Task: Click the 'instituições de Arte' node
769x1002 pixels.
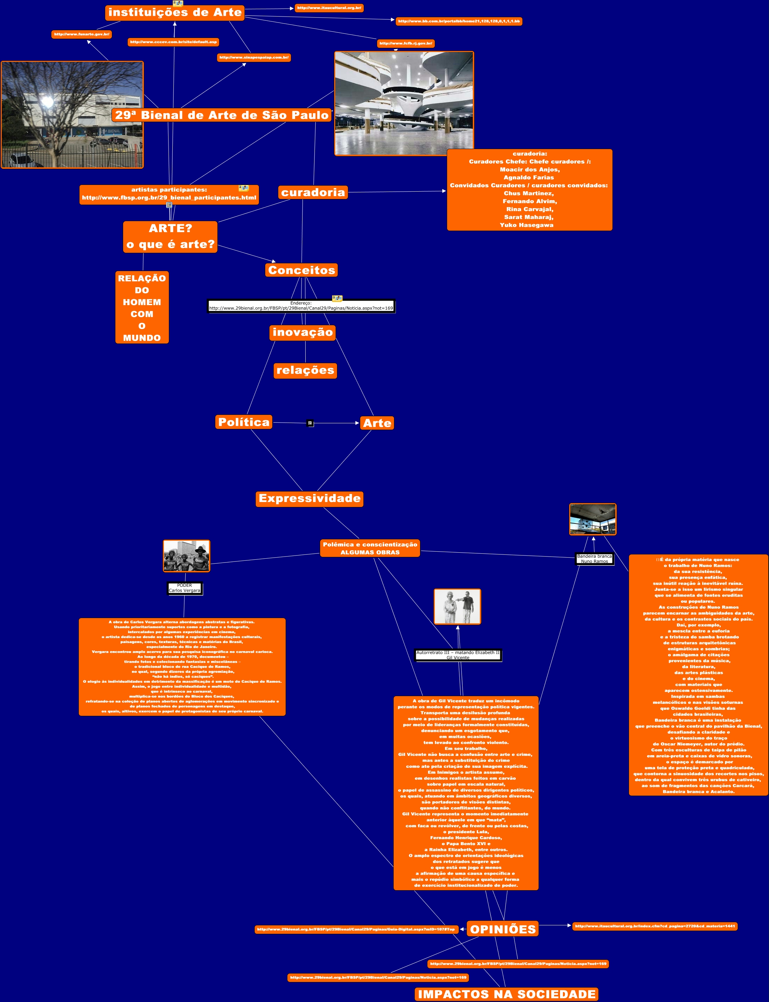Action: point(174,12)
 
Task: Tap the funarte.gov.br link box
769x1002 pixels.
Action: point(82,34)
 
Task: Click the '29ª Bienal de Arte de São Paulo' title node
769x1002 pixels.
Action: point(222,115)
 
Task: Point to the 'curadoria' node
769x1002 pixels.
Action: point(313,193)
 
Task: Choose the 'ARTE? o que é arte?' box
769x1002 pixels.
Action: point(170,237)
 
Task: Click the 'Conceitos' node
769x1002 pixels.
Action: point(301,270)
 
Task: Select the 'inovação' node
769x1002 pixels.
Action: point(303,332)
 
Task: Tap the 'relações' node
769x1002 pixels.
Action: point(305,370)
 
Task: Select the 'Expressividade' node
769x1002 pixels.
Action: point(310,498)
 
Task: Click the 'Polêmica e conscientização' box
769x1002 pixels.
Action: point(370,548)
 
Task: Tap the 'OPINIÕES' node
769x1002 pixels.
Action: point(503,929)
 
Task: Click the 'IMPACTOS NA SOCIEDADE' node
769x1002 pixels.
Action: point(506,994)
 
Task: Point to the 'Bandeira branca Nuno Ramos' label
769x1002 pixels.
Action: point(594,559)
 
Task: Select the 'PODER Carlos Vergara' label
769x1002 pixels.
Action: point(184,588)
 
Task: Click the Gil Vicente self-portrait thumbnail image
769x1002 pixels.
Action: point(457,607)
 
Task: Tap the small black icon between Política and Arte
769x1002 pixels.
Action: point(310,423)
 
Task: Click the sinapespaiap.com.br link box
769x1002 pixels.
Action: point(254,58)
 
